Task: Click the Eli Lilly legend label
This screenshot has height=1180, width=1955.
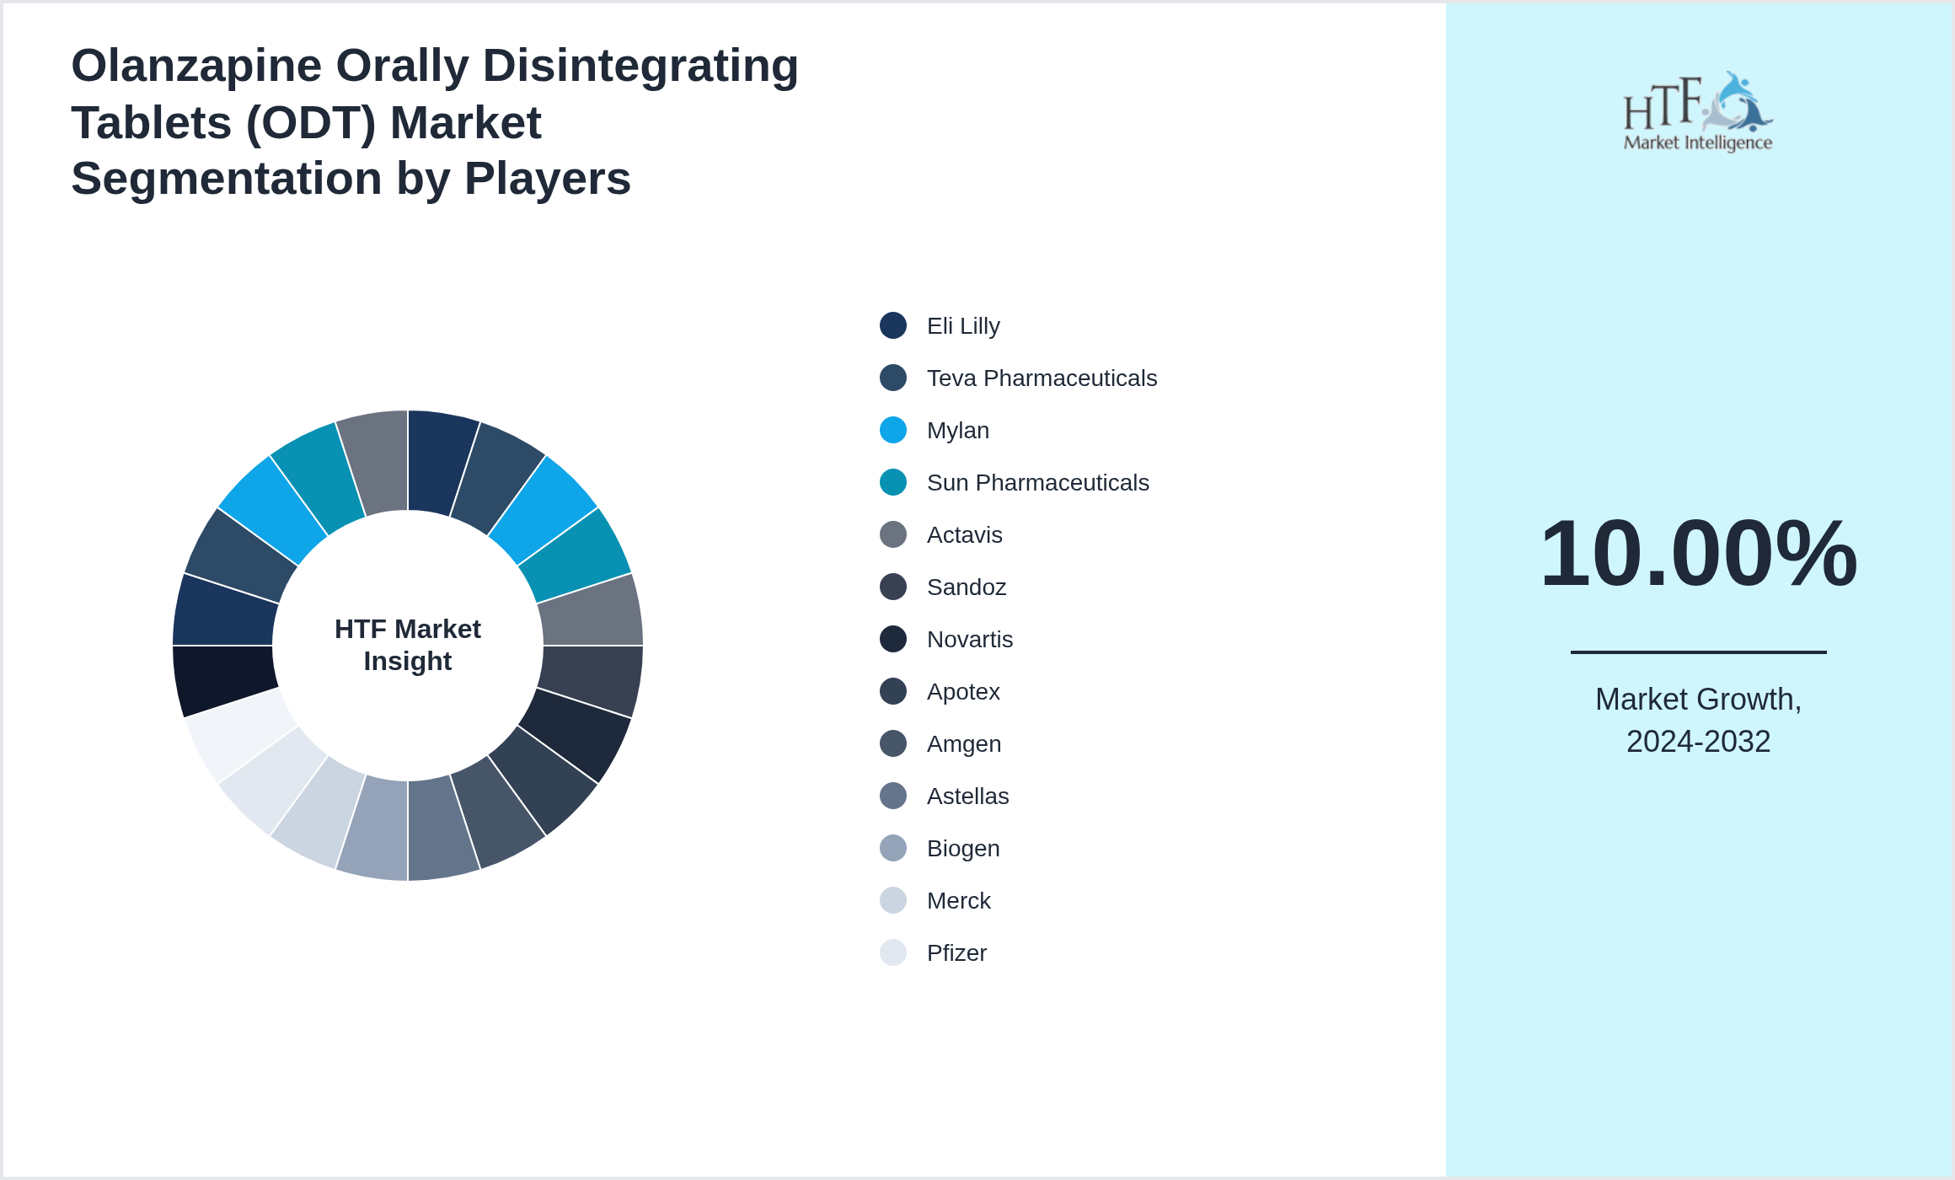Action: click(x=963, y=326)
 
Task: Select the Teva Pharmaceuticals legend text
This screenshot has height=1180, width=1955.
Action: click(x=1042, y=378)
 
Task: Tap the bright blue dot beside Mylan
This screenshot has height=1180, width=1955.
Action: click(x=893, y=430)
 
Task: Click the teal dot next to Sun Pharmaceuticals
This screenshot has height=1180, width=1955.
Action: click(x=893, y=482)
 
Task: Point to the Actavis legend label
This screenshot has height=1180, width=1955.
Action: click(x=965, y=535)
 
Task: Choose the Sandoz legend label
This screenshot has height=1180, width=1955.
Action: click(x=967, y=587)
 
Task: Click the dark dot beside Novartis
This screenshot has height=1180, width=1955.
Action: click(x=893, y=639)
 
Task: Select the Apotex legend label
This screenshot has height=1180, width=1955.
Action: click(x=963, y=692)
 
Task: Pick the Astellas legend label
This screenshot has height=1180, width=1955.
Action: click(x=967, y=796)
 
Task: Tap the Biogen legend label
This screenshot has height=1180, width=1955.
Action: click(x=963, y=849)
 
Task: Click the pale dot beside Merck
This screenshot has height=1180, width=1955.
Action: click(x=893, y=900)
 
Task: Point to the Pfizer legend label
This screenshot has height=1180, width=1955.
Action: click(x=956, y=953)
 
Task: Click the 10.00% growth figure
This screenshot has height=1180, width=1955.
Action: click(x=1698, y=554)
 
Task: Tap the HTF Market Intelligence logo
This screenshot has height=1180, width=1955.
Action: click(x=1698, y=111)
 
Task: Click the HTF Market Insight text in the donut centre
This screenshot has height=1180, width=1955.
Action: click(x=408, y=645)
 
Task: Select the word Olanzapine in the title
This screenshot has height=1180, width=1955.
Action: click(x=196, y=67)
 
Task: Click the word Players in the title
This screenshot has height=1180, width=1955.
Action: click(x=547, y=179)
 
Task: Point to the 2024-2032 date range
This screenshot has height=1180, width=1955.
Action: click(x=1698, y=742)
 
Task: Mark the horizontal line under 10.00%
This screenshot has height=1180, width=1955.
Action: click(x=1698, y=652)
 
